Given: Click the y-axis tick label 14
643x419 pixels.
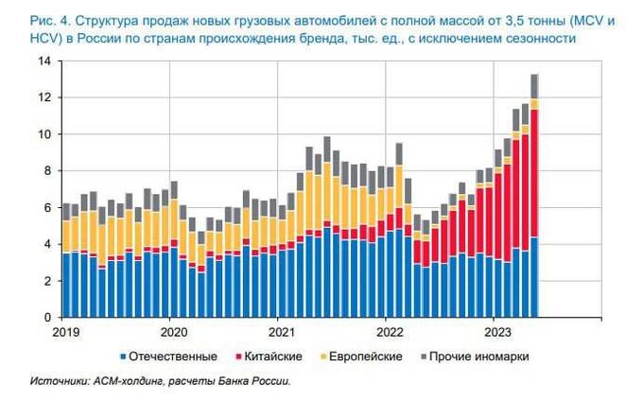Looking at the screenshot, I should [x=44, y=61].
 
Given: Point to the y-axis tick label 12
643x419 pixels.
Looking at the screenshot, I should [x=44, y=98].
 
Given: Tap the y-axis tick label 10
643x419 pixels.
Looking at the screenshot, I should [x=44, y=134].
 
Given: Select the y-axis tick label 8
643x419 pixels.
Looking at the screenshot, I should [x=47, y=171].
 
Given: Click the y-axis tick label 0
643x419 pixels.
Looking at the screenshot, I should [x=47, y=318].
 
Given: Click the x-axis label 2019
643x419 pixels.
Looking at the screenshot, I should [x=66, y=332].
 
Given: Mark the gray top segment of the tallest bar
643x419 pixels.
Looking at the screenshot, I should [x=534, y=86].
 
